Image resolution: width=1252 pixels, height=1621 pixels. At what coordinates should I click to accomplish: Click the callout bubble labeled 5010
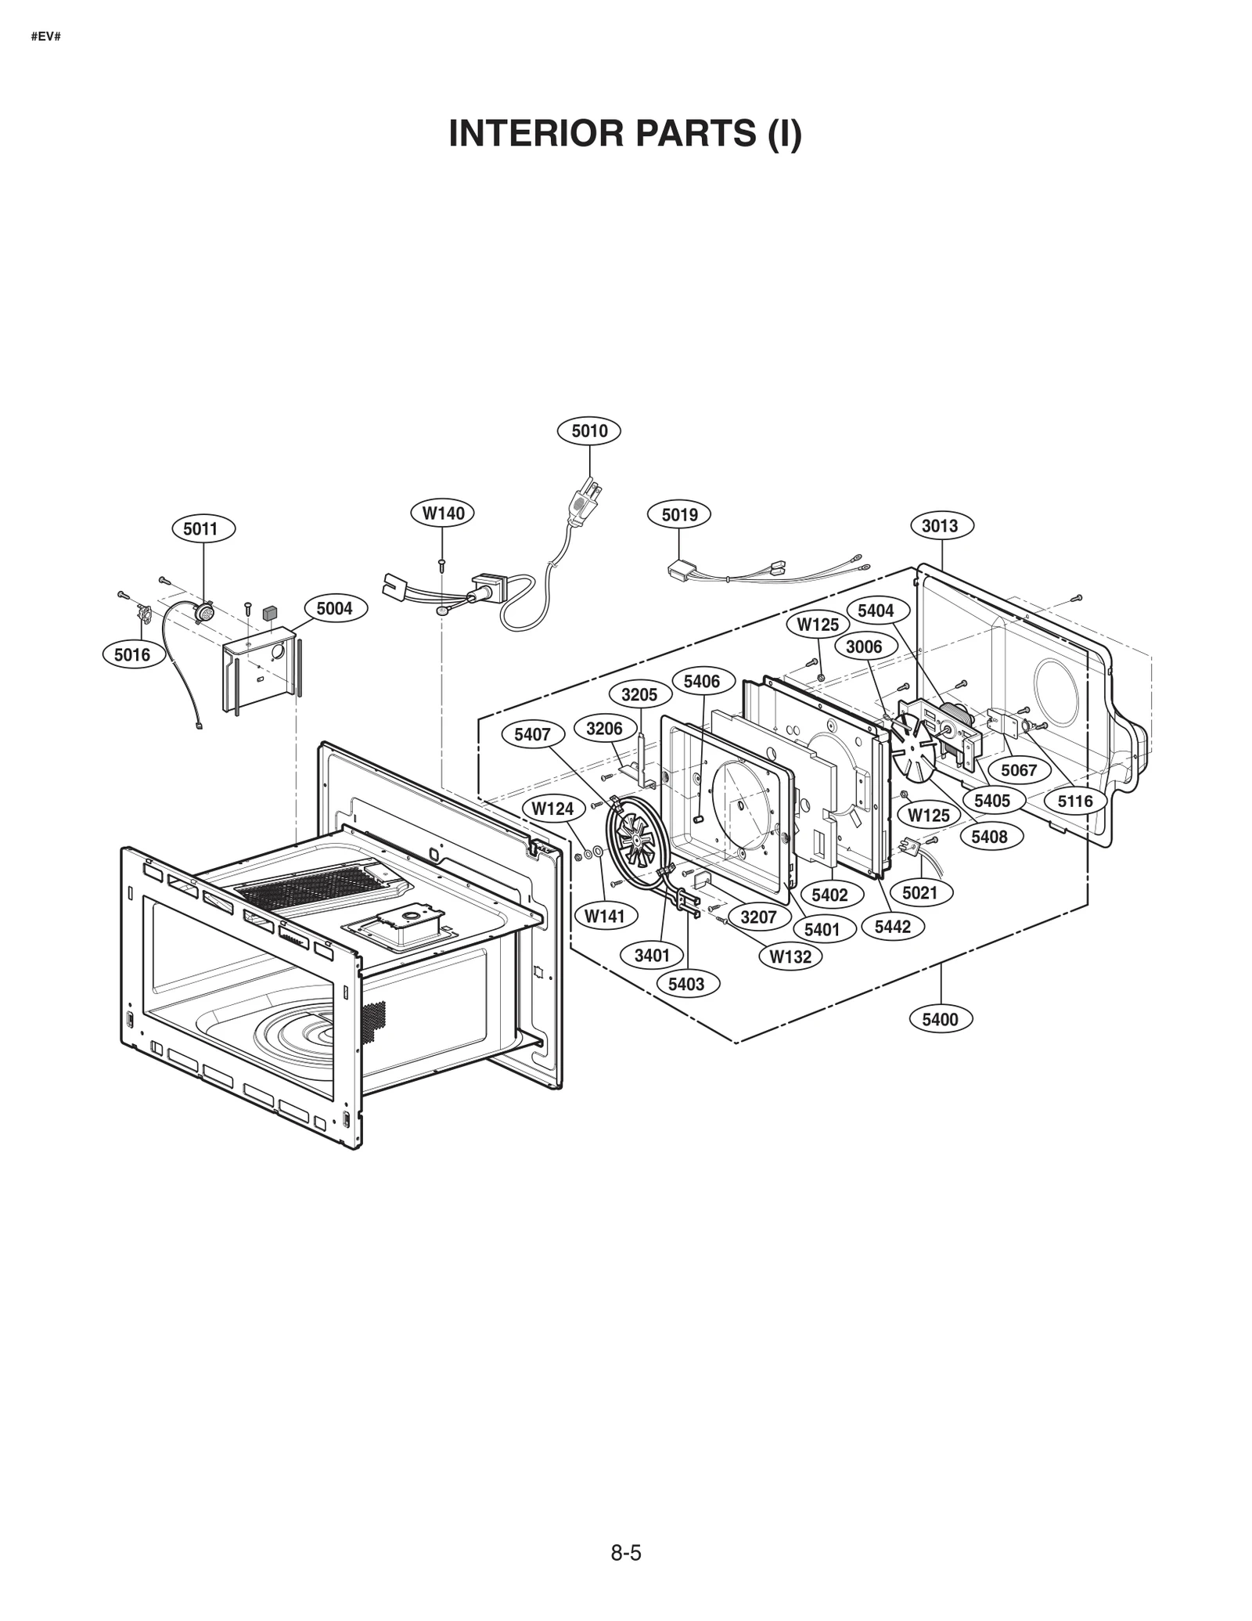click(x=588, y=431)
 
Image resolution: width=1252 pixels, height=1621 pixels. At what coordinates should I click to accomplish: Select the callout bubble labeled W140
click(x=443, y=513)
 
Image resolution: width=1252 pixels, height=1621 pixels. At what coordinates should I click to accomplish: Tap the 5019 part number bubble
click(x=679, y=514)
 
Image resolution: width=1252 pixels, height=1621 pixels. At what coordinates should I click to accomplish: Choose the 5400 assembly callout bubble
click(x=940, y=1019)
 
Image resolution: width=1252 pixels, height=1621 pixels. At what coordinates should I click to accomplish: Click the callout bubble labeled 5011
click(x=200, y=529)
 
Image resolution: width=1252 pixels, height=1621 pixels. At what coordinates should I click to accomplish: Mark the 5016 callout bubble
click(x=132, y=654)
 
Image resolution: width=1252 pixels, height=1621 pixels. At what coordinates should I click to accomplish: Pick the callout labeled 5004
click(x=334, y=608)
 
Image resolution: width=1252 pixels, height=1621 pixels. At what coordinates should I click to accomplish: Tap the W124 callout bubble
click(x=552, y=809)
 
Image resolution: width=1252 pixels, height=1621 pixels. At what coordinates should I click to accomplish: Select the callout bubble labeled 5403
click(x=685, y=984)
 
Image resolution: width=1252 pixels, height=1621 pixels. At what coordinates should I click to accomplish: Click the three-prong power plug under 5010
click(x=585, y=505)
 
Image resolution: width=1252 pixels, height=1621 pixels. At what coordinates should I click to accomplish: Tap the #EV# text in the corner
click(x=46, y=37)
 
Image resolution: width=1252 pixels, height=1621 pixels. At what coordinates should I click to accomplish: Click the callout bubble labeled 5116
click(x=1075, y=801)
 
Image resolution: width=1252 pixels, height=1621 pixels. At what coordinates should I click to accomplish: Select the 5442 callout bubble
click(x=892, y=927)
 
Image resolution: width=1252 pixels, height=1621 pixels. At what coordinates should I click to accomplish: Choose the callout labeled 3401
click(x=652, y=955)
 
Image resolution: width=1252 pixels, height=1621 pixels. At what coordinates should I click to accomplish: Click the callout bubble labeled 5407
click(x=532, y=734)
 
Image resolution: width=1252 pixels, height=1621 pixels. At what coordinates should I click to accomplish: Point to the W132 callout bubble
click(x=790, y=956)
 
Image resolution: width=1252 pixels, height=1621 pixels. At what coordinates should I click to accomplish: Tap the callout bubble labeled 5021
click(x=919, y=892)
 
